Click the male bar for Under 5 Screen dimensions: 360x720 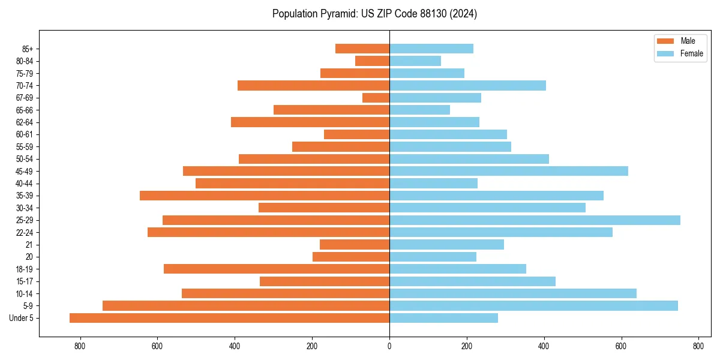point(229,318)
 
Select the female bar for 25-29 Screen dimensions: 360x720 point(535,220)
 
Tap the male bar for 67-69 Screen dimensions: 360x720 point(376,98)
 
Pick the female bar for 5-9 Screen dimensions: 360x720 point(533,305)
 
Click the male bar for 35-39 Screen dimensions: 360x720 point(265,196)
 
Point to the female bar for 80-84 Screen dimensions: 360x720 point(415,61)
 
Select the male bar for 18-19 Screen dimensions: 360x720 point(277,269)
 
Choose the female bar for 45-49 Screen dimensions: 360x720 point(509,171)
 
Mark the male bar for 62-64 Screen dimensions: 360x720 point(310,122)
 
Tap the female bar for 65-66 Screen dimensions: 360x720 point(419,110)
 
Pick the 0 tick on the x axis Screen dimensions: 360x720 point(389,346)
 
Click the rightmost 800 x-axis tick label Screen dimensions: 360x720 point(698,346)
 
